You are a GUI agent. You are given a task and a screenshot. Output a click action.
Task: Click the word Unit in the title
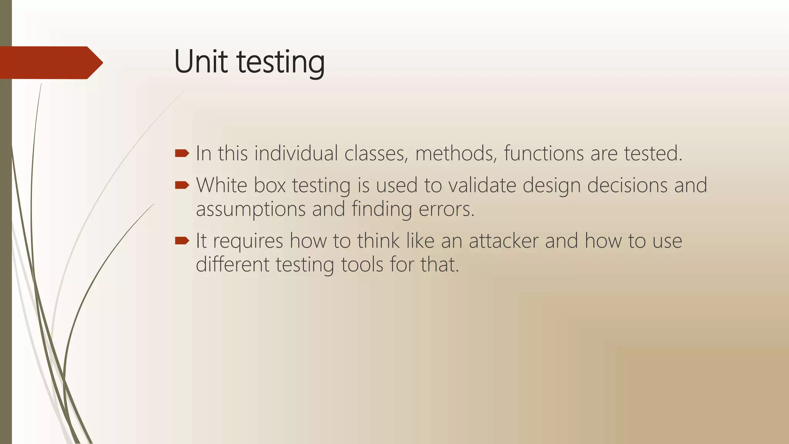200,62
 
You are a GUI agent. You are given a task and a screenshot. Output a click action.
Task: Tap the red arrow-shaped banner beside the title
50,62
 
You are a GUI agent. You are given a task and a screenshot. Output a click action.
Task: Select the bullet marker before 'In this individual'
182,154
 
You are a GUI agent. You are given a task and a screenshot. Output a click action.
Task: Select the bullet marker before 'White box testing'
182,185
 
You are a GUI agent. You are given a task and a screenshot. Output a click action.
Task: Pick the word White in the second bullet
222,185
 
